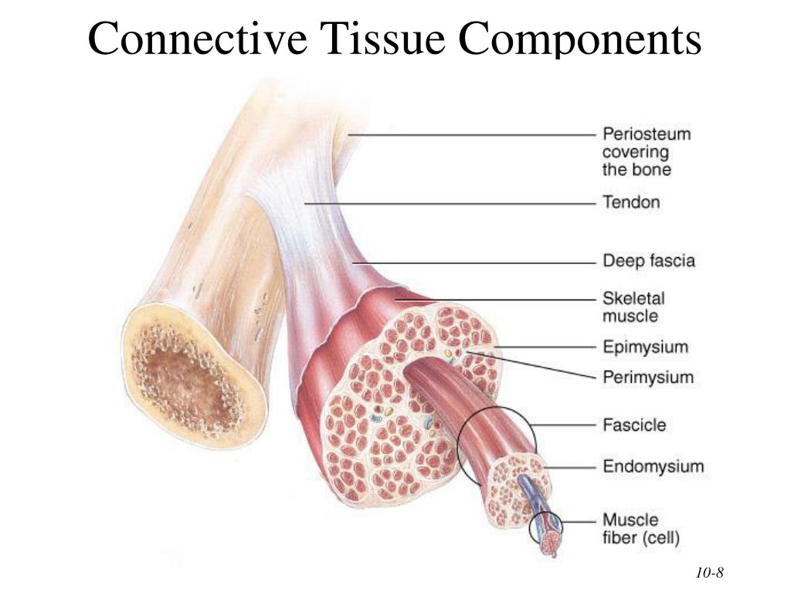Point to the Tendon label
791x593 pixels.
click(x=631, y=202)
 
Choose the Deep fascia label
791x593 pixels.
click(x=648, y=261)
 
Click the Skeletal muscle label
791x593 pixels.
click(x=633, y=307)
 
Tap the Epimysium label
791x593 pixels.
click(x=644, y=347)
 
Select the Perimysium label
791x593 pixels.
click(x=647, y=378)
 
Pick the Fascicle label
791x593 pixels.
click(x=633, y=425)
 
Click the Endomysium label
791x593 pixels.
click(x=653, y=466)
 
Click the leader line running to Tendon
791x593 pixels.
click(x=448, y=203)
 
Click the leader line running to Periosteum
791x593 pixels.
click(x=471, y=135)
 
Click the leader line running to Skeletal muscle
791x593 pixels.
click(x=494, y=299)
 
